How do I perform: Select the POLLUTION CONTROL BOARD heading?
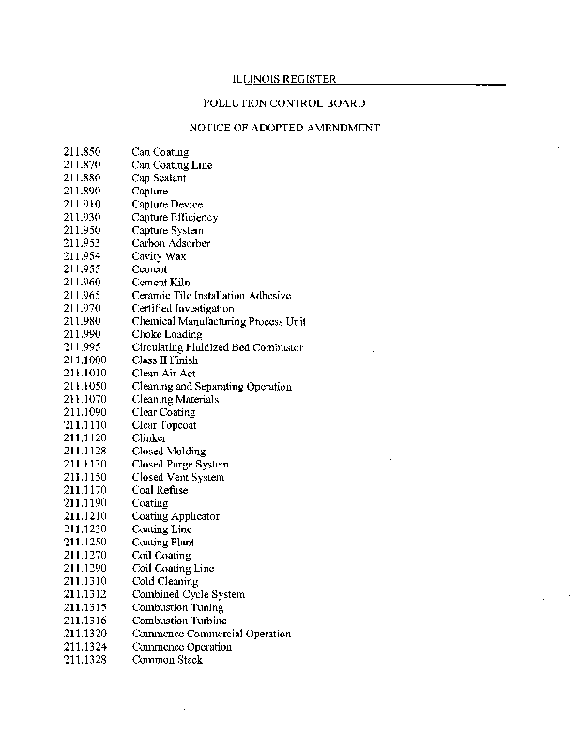point(283,103)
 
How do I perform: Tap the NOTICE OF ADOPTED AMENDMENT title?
point(283,127)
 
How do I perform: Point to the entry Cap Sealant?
point(159,178)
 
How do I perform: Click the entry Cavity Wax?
point(159,256)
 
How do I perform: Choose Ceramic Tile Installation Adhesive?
point(211,296)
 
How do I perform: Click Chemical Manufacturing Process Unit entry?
point(219,322)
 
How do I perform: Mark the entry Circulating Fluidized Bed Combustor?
point(217,347)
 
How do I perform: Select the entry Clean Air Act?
point(163,374)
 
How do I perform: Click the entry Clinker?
point(148,438)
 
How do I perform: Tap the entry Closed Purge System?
point(179,465)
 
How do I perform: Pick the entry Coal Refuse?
point(160,490)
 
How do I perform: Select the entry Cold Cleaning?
point(164,581)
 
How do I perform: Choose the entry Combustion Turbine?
point(177,621)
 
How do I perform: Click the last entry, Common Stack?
point(166,660)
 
